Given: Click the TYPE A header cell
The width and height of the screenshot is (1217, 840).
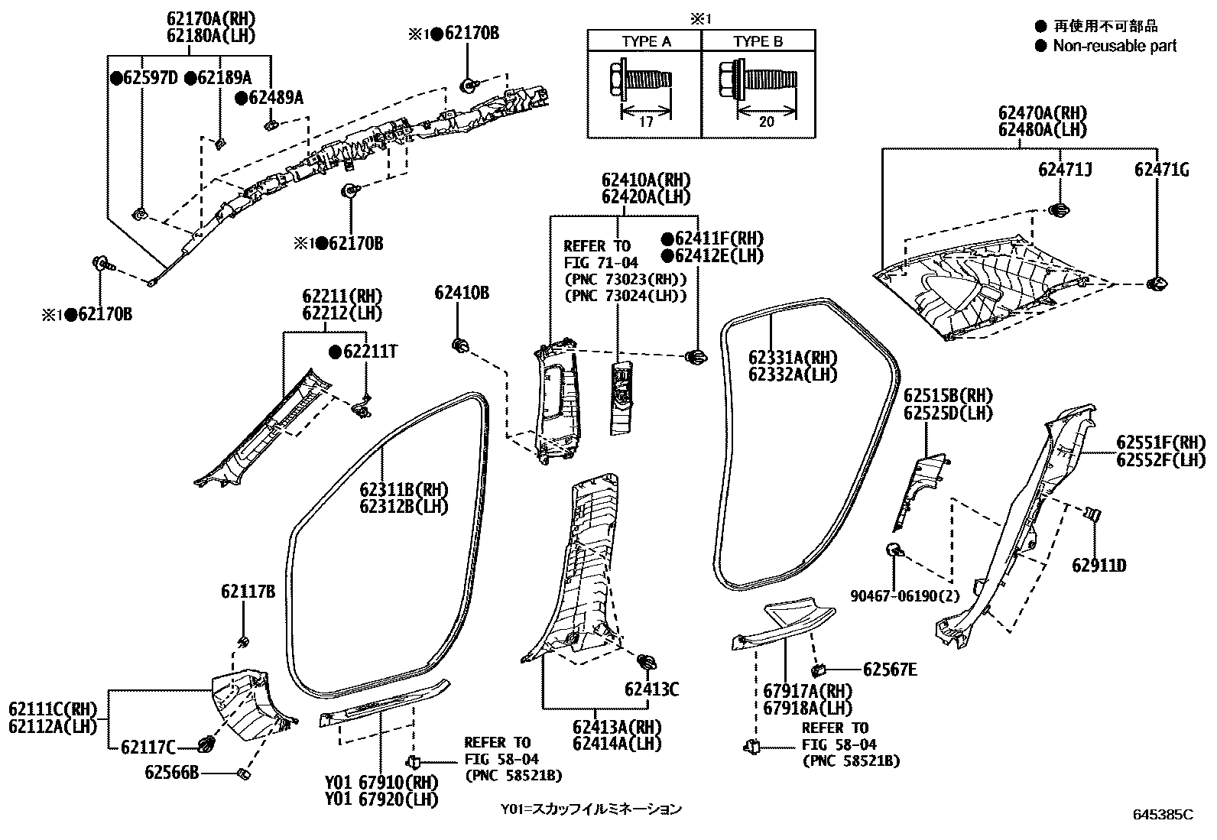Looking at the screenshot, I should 646,41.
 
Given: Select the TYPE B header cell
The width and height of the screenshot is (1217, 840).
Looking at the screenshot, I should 758,41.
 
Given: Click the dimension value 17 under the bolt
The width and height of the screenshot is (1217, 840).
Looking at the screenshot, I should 645,121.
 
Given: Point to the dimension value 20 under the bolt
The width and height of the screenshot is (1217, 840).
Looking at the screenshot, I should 767,121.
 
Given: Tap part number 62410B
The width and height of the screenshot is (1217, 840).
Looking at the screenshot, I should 462,293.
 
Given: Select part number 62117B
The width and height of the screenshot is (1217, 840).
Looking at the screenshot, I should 248,591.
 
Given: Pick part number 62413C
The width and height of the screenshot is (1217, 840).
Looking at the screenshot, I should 651,689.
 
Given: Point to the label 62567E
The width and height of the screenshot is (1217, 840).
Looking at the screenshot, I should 890,670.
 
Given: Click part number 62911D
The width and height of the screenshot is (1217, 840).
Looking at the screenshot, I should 1099,566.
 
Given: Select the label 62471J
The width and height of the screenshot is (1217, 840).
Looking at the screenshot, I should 1065,170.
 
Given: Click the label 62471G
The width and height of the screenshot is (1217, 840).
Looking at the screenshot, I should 1161,170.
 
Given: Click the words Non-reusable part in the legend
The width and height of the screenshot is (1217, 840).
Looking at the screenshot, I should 1115,46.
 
